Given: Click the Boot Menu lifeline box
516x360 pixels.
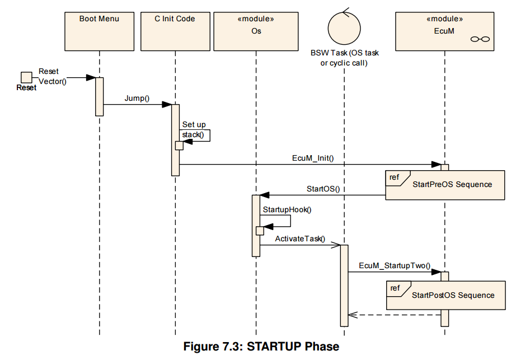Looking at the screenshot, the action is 100,31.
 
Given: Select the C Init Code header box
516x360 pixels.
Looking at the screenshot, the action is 175,31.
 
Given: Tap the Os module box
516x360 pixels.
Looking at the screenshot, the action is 256,31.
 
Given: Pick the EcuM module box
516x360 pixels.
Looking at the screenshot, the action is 444,31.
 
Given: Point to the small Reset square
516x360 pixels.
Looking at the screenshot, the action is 27,77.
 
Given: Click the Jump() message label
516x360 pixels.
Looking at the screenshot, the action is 137,98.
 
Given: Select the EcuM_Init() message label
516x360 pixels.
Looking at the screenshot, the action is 313,158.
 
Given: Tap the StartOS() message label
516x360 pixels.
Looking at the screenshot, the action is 323,189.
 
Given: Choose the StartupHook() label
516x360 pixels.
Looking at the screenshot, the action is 287,209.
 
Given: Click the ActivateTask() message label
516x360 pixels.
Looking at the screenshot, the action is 300,239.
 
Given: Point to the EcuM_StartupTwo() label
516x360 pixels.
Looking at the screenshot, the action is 395,265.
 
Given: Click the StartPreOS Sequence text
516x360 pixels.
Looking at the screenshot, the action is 452,184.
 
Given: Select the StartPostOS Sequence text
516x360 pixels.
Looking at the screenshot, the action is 453,295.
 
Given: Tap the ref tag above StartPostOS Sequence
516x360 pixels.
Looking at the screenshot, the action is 395,288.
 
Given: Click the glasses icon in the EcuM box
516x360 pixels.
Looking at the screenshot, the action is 480,39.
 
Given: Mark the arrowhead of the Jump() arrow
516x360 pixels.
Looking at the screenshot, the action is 167,105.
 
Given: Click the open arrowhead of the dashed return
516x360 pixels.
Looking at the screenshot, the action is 353,315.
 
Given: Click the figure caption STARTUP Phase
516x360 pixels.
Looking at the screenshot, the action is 261,347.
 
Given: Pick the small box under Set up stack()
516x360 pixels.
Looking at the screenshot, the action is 179,146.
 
